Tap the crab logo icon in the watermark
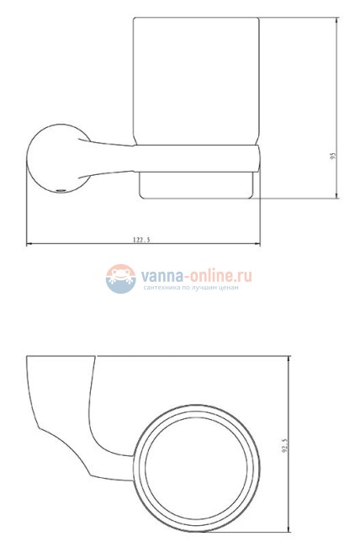click(121, 278)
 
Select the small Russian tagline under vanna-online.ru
click(192, 288)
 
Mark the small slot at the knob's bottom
click(58, 190)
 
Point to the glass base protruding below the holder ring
click(197, 187)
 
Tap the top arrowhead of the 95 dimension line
click(336, 20)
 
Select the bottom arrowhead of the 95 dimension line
click(336, 198)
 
